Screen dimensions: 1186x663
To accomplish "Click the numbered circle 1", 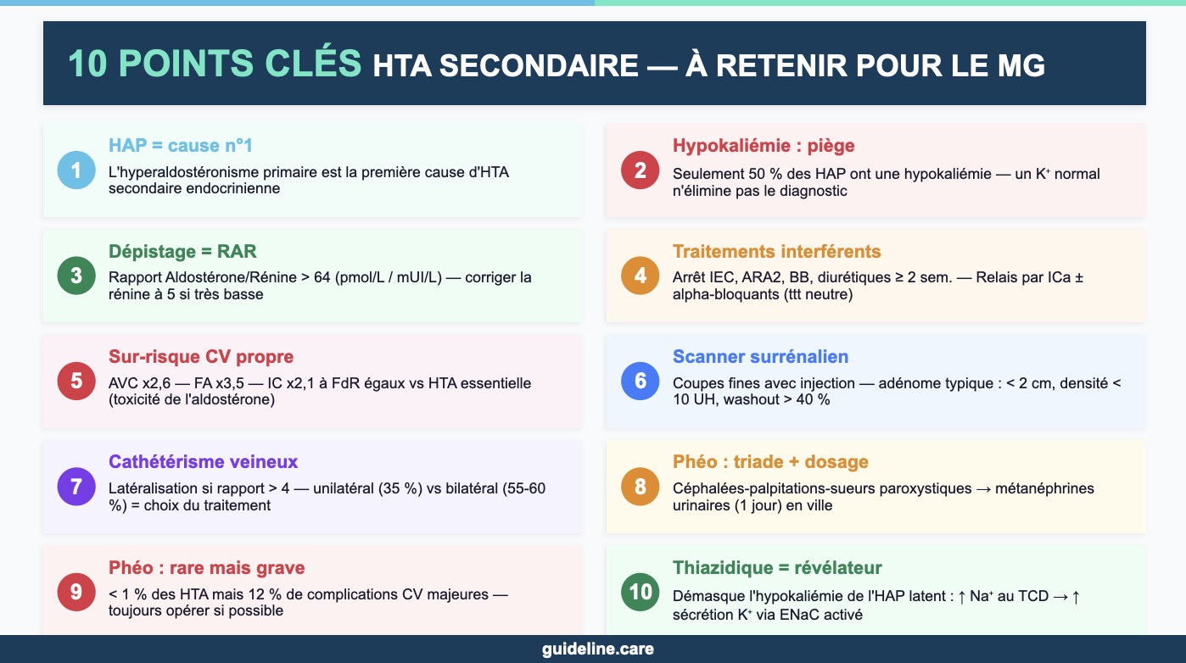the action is tap(76, 170).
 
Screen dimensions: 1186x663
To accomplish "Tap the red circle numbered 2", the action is tap(641, 170).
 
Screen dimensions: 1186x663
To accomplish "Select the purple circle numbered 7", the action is tap(76, 487).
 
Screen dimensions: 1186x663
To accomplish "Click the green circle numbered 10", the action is tap(641, 592).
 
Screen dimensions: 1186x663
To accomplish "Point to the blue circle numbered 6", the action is tap(641, 381).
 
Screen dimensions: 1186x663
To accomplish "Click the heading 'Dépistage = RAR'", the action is tap(182, 251).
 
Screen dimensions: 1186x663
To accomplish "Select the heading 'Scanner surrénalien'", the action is tap(760, 357).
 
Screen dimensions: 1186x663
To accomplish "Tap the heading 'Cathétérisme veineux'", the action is tap(204, 462).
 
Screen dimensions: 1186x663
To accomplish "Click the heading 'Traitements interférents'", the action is tap(777, 251).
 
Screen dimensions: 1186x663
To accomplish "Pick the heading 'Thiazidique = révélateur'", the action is tap(777, 568).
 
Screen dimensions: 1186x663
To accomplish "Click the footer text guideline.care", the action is tap(598, 649).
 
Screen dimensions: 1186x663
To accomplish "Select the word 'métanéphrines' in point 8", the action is tap(1044, 487).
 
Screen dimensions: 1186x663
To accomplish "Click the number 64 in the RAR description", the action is tap(322, 277).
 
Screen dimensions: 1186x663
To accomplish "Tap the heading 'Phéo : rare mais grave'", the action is tap(206, 568).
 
